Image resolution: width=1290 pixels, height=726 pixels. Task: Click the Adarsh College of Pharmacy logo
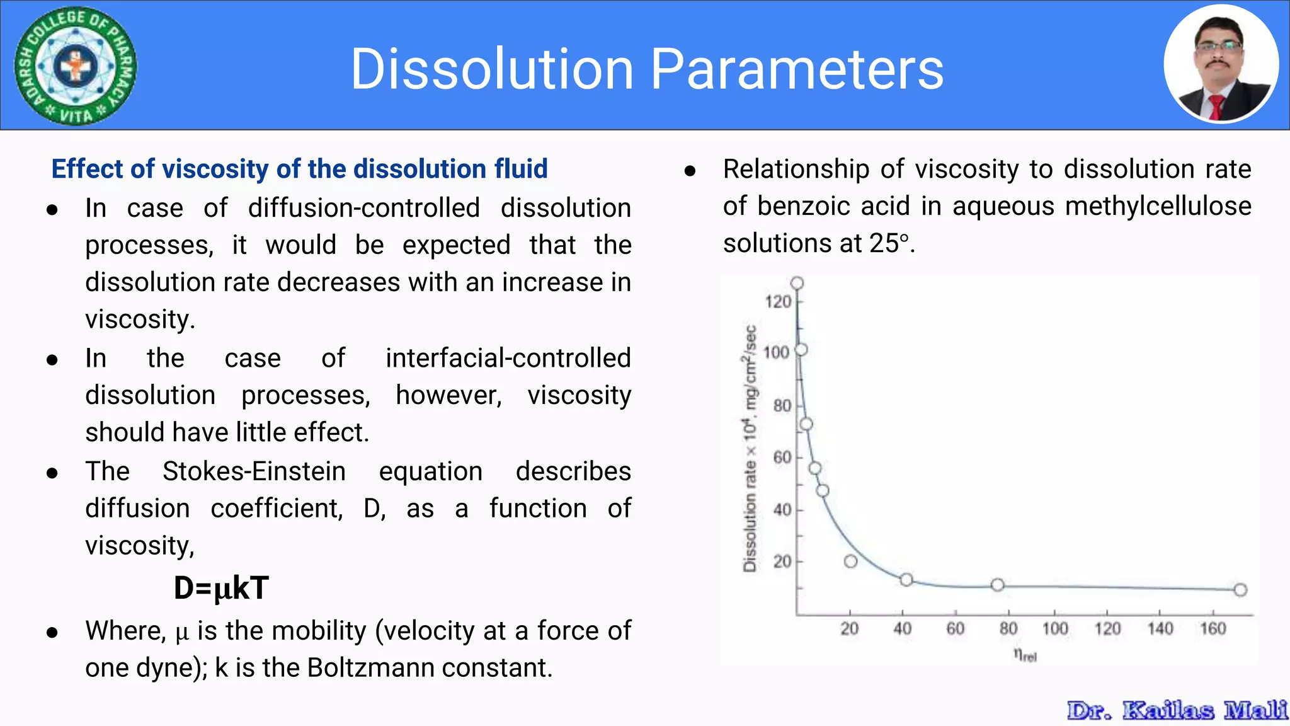click(x=76, y=66)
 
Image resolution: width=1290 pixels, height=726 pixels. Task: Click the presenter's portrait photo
click(x=1221, y=64)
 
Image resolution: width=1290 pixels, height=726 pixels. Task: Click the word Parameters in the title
click(x=797, y=69)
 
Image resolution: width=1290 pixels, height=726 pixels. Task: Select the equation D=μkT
click(x=221, y=588)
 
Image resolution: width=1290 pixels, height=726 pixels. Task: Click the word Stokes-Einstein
click(x=254, y=471)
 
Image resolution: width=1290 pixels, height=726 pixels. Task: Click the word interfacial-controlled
click(x=508, y=358)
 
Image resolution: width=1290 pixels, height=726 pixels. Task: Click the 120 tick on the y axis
click(x=778, y=302)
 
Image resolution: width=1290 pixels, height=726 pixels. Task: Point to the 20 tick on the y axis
click(x=782, y=562)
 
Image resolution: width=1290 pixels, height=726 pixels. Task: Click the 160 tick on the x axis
click(x=1213, y=628)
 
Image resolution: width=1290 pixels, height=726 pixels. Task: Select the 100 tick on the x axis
click(x=1054, y=628)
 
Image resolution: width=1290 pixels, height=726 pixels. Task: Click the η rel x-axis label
click(x=1025, y=655)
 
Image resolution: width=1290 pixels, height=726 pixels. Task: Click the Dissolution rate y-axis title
click(x=750, y=448)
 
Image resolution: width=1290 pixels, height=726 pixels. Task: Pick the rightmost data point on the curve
click(x=1240, y=590)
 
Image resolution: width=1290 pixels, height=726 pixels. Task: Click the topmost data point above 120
click(x=797, y=283)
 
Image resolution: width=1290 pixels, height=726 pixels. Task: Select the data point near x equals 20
click(x=850, y=561)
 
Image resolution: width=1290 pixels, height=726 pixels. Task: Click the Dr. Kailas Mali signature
click(x=1177, y=710)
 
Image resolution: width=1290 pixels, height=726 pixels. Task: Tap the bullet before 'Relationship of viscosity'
click(x=690, y=171)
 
